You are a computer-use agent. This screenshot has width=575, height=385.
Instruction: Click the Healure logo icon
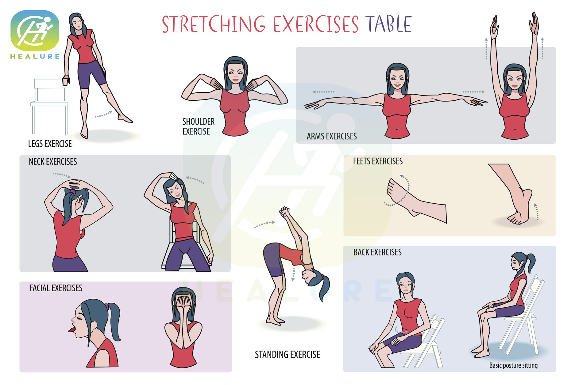(35, 30)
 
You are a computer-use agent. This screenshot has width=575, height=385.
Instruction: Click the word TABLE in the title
(388, 24)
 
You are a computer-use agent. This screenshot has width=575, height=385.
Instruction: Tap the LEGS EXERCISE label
(50, 144)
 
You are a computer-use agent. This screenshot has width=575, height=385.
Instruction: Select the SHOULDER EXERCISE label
(199, 126)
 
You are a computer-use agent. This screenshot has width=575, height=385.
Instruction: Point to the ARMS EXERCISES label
(332, 136)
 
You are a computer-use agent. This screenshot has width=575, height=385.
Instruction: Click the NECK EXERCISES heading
(53, 161)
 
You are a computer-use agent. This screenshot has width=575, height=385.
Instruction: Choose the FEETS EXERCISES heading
(378, 161)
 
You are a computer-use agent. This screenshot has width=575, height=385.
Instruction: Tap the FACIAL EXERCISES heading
(56, 288)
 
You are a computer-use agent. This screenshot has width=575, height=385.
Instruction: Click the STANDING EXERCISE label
(287, 355)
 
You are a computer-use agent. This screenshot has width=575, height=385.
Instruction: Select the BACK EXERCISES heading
(377, 252)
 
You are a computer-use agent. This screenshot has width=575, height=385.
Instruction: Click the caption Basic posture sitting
(513, 365)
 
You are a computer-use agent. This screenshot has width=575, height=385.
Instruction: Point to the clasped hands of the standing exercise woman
(284, 212)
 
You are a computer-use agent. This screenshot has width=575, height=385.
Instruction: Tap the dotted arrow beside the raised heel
(537, 212)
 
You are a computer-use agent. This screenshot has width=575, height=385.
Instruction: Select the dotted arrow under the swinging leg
(104, 114)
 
